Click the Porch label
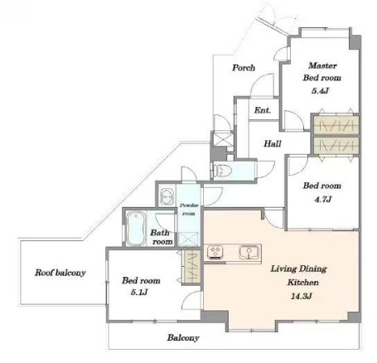(244, 68)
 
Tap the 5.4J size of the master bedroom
(320, 90)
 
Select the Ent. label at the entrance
(263, 110)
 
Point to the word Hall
(273, 143)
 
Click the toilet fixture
(223, 172)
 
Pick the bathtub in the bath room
(136, 228)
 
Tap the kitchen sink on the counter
(249, 253)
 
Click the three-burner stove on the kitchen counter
(215, 252)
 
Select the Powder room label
(189, 209)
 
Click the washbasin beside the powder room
(167, 196)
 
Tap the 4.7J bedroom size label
(322, 199)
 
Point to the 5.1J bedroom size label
(139, 292)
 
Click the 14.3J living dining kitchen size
(301, 296)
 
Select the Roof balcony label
(60, 273)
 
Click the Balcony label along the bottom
(183, 337)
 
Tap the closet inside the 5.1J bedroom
(192, 267)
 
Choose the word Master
(322, 65)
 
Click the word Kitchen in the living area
(303, 283)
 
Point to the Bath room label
(162, 237)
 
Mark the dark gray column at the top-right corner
(355, 42)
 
